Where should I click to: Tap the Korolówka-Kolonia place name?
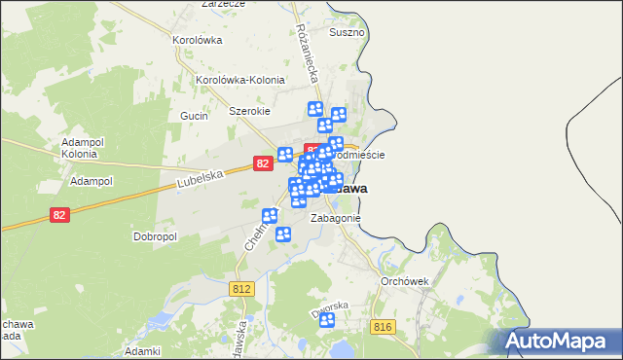coord(239,80)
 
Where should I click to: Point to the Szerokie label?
coord(249,111)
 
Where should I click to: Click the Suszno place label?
coord(347,32)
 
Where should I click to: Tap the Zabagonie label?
coord(336,218)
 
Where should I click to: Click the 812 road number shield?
coord(243,289)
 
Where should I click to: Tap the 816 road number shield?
coord(382,328)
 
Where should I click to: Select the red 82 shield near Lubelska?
coord(263,164)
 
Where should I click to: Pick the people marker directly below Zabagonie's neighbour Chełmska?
coord(283,234)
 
